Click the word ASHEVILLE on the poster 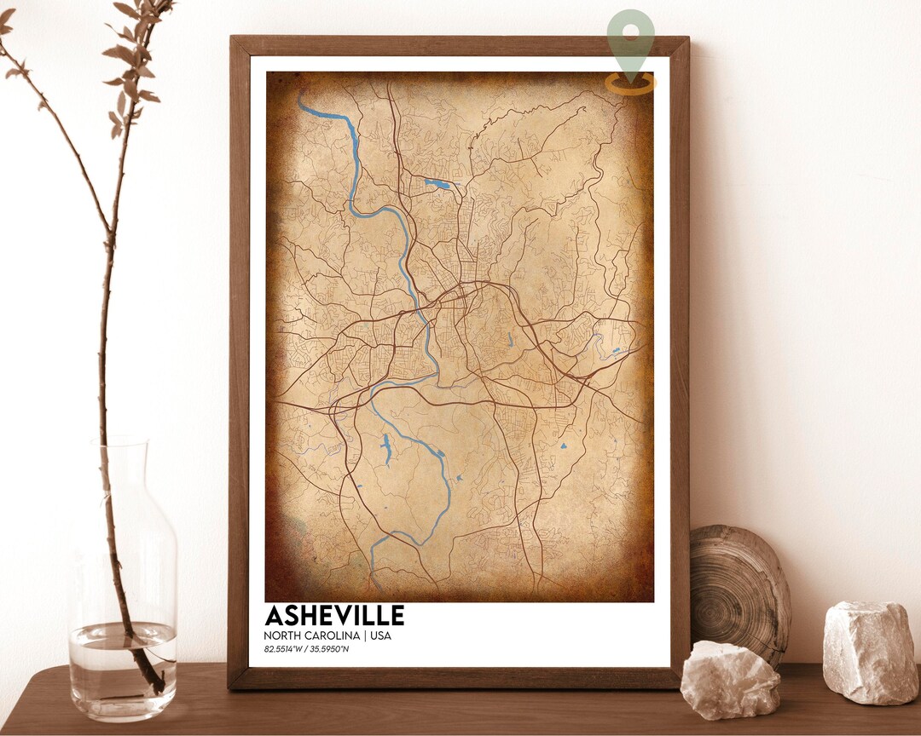pyautogui.click(x=334, y=616)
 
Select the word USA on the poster pyautogui.click(x=380, y=635)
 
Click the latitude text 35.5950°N pyautogui.click(x=329, y=650)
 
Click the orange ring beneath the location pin pyautogui.click(x=631, y=83)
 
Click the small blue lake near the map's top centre pyautogui.click(x=437, y=183)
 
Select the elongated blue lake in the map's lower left pyautogui.click(x=386, y=449)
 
